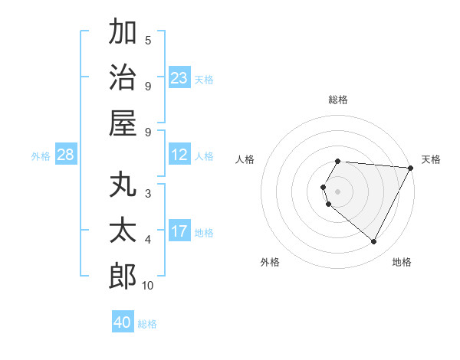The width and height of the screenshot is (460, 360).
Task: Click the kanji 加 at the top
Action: coord(123,33)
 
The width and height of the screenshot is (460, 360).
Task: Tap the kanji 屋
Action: coord(123,123)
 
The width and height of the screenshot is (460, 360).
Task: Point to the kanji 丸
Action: coord(123,186)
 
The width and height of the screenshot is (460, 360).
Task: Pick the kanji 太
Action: coord(123,231)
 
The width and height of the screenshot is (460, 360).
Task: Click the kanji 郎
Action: coord(123,276)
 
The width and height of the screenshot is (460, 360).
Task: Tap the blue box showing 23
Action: coord(179,78)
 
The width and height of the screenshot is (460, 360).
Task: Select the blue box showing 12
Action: coord(179,155)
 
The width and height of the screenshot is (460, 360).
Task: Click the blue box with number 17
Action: coord(179,231)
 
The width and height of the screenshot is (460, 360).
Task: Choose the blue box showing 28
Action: coord(66,155)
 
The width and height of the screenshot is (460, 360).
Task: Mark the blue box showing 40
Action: coord(123,322)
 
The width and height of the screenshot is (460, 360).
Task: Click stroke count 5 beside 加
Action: coord(148,40)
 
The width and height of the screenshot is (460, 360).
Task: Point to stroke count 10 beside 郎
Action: coord(148,286)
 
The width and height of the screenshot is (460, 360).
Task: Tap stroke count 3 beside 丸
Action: coord(148,193)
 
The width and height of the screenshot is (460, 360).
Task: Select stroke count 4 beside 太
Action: coord(148,240)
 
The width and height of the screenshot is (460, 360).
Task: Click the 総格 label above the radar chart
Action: coord(338,100)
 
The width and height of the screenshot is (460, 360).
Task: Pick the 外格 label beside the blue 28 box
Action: coord(41,156)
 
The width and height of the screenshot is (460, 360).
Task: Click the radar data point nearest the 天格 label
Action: coord(410,168)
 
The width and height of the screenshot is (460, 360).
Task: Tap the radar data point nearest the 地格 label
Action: coord(374,242)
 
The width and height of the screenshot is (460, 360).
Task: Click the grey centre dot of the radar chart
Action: coord(338,191)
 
